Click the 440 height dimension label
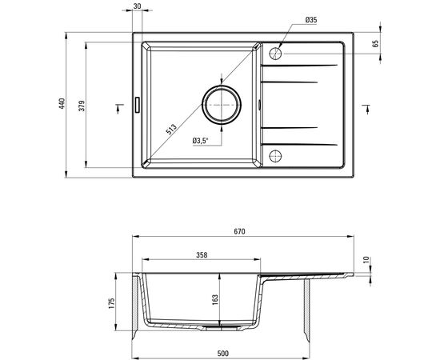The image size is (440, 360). (x=62, y=103)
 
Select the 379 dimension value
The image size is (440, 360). (x=82, y=106)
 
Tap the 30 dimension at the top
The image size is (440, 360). (x=138, y=6)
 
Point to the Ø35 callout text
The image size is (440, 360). (x=311, y=20)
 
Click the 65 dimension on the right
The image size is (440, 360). (x=376, y=43)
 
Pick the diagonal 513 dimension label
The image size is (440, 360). (x=171, y=129)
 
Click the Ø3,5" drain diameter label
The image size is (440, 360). (x=201, y=141)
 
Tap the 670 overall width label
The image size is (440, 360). (x=240, y=231)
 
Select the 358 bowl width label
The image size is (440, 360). (x=202, y=254)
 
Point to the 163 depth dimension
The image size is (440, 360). (x=215, y=300)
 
